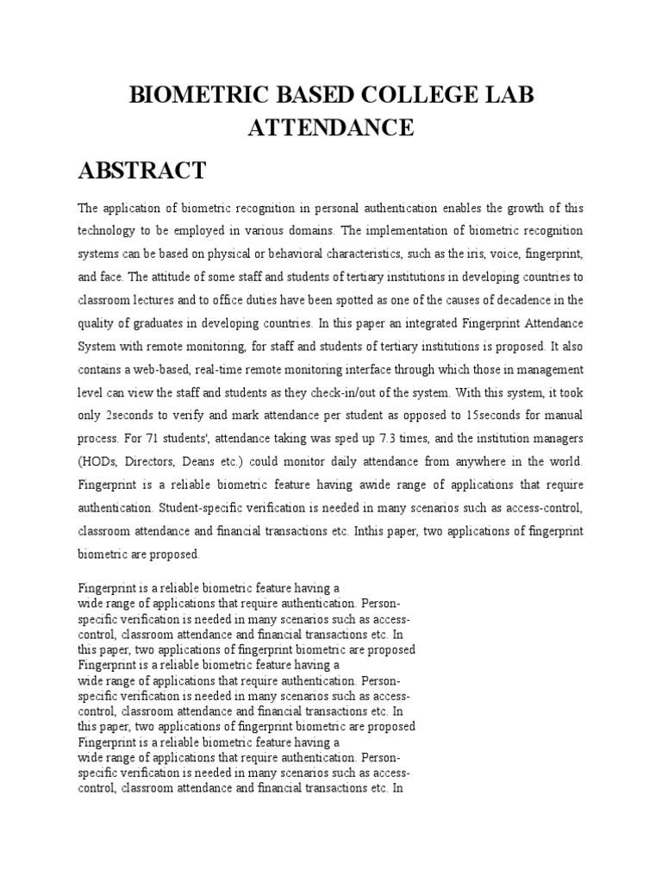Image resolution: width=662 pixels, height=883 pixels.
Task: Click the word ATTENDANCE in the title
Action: [x=331, y=128]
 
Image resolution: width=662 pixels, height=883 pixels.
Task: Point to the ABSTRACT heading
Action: [x=142, y=171]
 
